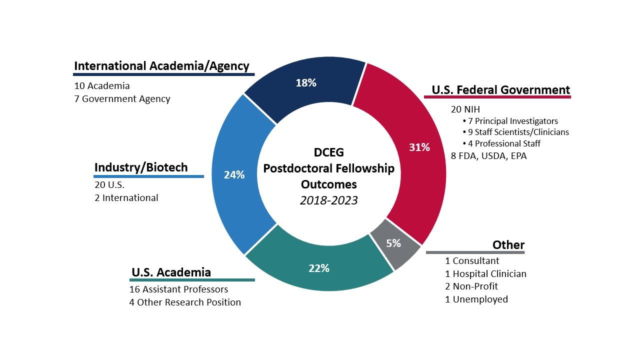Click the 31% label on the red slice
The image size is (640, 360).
pos(419,147)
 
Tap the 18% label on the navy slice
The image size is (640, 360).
pos(305,83)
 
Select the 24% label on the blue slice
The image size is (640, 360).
pos(234,175)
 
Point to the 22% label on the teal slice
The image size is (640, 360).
pos(318,268)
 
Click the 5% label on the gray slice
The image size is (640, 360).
pos(393,243)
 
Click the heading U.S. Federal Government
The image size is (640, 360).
pos(500,90)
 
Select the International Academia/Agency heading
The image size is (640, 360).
pos(161,66)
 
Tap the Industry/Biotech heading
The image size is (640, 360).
pos(141,167)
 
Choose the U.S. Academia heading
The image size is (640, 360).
pos(171,272)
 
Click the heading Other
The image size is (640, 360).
pos(508,245)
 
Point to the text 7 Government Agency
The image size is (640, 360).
pos(122,99)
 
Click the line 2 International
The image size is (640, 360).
pos(126,198)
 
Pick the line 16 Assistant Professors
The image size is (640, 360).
pos(178,289)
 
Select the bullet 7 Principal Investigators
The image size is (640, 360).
pos(510,121)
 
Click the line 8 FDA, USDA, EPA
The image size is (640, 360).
pos(488,156)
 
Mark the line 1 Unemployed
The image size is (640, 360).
pos(476,299)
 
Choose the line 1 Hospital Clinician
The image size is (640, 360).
pos(485,273)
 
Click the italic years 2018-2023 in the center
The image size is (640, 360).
pos(328,200)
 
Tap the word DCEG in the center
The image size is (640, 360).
pos(328,152)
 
